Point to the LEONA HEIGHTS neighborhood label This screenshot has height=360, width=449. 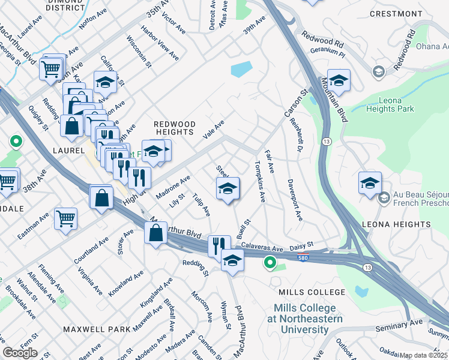coord(396,224)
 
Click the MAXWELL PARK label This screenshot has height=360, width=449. coord(95,329)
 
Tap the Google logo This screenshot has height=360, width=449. coord(20,353)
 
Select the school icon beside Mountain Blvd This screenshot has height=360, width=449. coord(339,81)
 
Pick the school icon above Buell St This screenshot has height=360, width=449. coord(228,189)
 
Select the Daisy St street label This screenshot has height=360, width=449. coord(302,245)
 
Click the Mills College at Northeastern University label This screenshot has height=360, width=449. coord(306,319)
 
